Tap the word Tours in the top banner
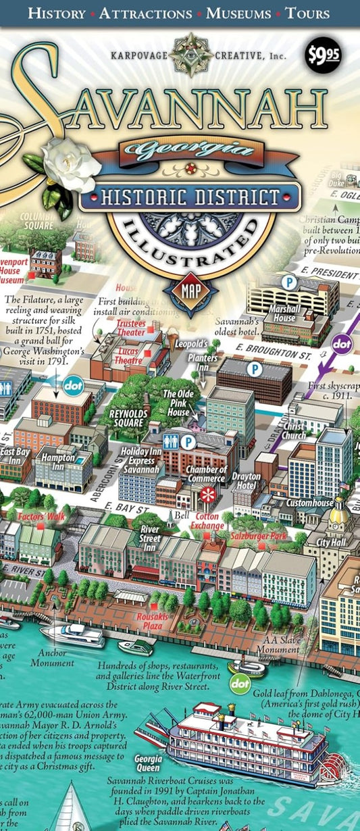click(308, 13)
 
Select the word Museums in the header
click(238, 13)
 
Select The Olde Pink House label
click(178, 398)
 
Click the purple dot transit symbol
click(342, 344)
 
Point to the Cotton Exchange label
click(207, 521)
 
